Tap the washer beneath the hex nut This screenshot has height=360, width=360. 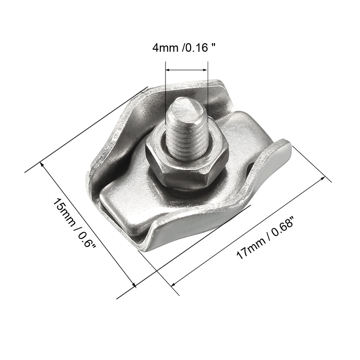tap(183, 190)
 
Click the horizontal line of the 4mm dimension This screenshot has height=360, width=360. tap(187, 70)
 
